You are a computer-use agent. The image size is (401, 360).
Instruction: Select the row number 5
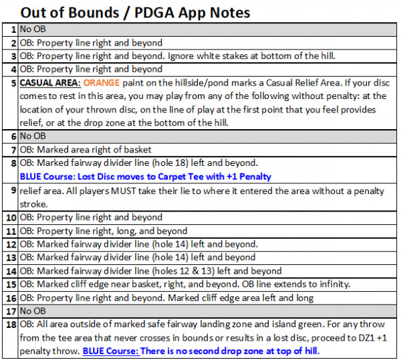click(14, 83)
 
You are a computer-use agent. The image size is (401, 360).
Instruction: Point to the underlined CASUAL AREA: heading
click(51, 83)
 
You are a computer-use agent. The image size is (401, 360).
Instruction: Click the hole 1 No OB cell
click(33, 29)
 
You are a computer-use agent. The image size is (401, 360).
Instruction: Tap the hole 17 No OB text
click(33, 311)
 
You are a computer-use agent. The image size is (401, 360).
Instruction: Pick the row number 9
click(14, 191)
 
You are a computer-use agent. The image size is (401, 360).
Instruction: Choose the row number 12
click(11, 244)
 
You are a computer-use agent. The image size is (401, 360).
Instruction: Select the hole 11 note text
click(104, 231)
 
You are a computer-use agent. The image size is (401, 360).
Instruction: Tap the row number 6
click(14, 136)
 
